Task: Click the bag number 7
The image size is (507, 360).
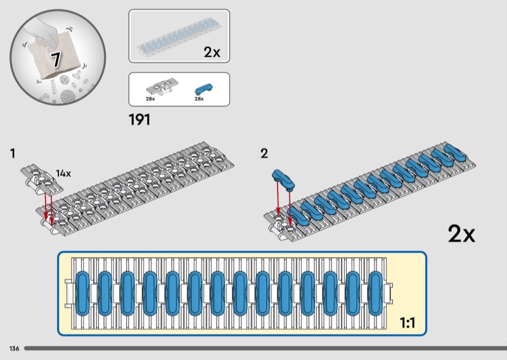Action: (x=56, y=60)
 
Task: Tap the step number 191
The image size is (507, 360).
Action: (x=139, y=119)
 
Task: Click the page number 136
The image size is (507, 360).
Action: (x=14, y=349)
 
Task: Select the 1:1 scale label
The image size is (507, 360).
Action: (x=407, y=323)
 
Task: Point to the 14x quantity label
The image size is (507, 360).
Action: (x=63, y=173)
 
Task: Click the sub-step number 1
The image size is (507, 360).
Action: (x=13, y=153)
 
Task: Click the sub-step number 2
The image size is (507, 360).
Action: (x=264, y=153)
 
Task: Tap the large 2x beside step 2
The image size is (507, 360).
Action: (x=461, y=235)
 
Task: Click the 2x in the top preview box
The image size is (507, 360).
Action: (x=212, y=53)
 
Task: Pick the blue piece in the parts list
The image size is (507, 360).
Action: (x=202, y=88)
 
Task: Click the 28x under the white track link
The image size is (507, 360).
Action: (x=150, y=100)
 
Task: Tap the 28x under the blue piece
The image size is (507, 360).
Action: (x=199, y=100)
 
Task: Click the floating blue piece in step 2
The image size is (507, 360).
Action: (x=283, y=179)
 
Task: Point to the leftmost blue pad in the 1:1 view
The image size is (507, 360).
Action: (x=82, y=293)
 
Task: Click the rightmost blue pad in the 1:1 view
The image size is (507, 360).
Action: (x=375, y=293)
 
